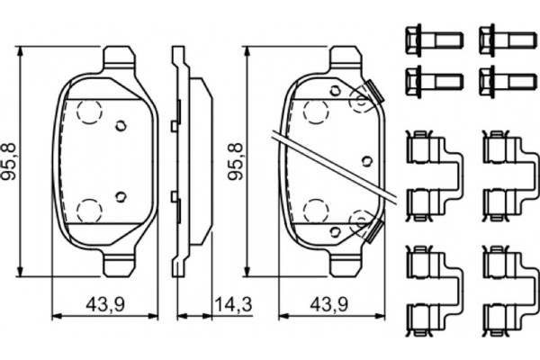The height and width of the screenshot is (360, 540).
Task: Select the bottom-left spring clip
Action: [x=430, y=289]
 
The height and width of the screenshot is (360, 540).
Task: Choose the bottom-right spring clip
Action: [x=506, y=289]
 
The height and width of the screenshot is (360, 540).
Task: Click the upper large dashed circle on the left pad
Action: [x=89, y=112]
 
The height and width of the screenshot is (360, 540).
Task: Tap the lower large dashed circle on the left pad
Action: [x=89, y=211]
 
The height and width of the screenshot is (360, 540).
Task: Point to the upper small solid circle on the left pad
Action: [x=120, y=126]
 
